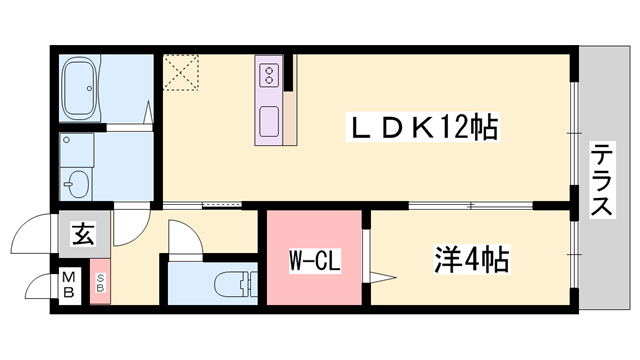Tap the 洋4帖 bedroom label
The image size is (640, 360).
pyautogui.click(x=471, y=261)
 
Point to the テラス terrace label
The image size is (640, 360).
pyautogui.click(x=602, y=181)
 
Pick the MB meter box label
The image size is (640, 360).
pyautogui.click(x=70, y=284)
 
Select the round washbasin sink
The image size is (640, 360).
pyautogui.click(x=77, y=184)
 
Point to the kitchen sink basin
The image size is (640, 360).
pyautogui.click(x=271, y=124)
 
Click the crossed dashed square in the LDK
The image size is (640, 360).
pyautogui.click(x=180, y=72)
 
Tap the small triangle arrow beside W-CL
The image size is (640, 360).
pyautogui.click(x=376, y=272)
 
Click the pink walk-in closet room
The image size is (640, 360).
pyautogui.click(x=313, y=240)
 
